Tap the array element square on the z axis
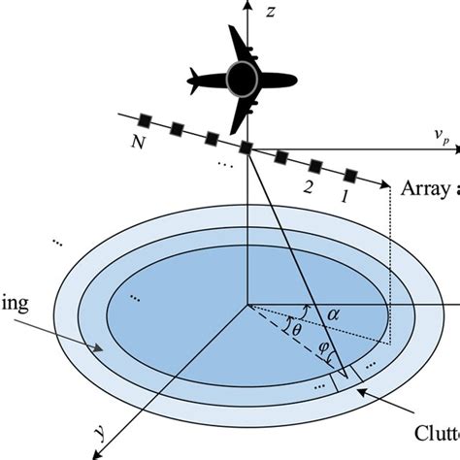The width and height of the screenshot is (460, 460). pyautogui.click(x=247, y=148)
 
